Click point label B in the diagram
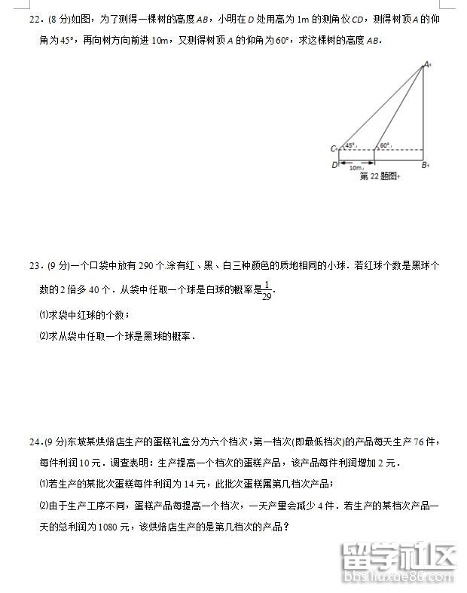pyautogui.click(x=424, y=164)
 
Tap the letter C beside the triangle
pyautogui.click(x=333, y=149)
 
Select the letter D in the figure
pyautogui.click(x=334, y=164)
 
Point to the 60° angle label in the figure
pyautogui.click(x=384, y=145)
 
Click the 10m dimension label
pyautogui.click(x=356, y=168)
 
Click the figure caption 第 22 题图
pyautogui.click(x=379, y=176)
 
